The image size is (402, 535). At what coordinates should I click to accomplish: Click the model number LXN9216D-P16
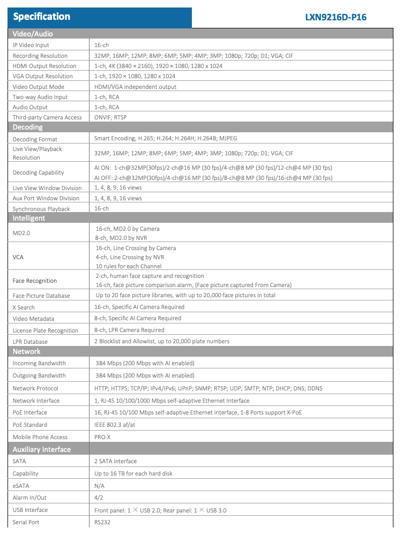pyautogui.click(x=336, y=17)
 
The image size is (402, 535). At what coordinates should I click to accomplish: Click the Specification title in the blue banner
pyautogui.click(x=41, y=17)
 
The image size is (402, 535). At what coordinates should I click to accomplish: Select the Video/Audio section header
pyautogui.click(x=33, y=34)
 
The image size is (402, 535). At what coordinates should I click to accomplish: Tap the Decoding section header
pyautogui.click(x=28, y=127)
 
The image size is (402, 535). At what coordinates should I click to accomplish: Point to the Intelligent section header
pyautogui.click(x=29, y=218)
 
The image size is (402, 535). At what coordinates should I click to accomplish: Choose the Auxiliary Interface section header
pyautogui.click(x=42, y=449)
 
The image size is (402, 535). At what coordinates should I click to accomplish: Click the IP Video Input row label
pyautogui.click(x=31, y=46)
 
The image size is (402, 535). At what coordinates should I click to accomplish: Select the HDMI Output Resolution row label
pyautogui.click(x=44, y=66)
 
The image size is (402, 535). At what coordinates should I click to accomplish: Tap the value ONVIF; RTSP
pyautogui.click(x=110, y=117)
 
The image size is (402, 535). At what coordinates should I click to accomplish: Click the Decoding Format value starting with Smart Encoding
pyautogui.click(x=166, y=138)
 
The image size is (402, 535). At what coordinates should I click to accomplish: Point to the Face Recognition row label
pyautogui.click(x=35, y=281)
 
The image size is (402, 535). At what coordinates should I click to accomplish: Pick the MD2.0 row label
pyautogui.click(x=21, y=233)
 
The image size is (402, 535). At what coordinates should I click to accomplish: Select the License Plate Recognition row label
pyautogui.click(x=46, y=330)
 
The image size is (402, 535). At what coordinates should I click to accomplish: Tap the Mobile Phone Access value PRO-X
pyautogui.click(x=103, y=437)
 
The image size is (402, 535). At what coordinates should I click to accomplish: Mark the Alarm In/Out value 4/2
pyautogui.click(x=99, y=498)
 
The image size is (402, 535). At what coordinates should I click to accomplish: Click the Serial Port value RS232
pyautogui.click(x=102, y=522)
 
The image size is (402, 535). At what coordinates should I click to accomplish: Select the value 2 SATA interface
pyautogui.click(x=115, y=461)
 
